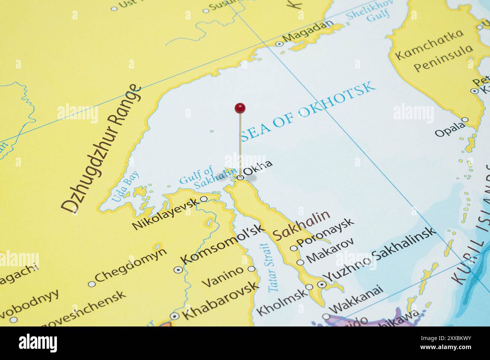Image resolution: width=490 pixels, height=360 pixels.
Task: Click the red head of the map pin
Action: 240,108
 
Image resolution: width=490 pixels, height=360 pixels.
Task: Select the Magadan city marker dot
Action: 279,44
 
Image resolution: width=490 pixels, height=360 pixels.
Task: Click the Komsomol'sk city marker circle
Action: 178,270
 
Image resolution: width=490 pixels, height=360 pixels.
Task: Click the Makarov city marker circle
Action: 300,262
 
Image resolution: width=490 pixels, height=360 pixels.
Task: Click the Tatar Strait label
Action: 270,267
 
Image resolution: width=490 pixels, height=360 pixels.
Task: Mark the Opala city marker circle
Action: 465,120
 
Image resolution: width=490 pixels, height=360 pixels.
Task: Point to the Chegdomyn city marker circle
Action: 91,284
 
